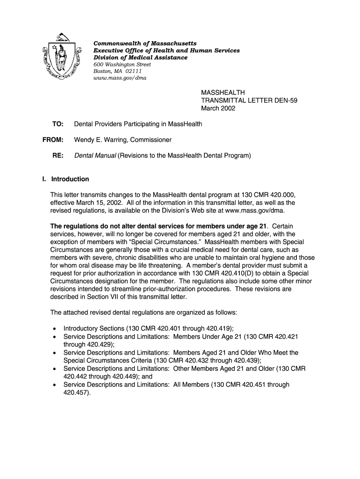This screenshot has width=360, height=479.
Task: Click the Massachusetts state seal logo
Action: pyautogui.click(x=59, y=57)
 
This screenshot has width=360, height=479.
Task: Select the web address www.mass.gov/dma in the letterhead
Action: pyautogui.click(x=120, y=78)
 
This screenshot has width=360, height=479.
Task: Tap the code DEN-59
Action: pyautogui.click(x=283, y=101)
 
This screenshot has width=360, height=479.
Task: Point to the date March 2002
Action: pyautogui.click(x=218, y=109)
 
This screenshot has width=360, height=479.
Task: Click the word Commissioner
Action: pyautogui.click(x=151, y=140)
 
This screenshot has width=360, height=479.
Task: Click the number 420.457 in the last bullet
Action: pyautogui.click(x=75, y=393)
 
